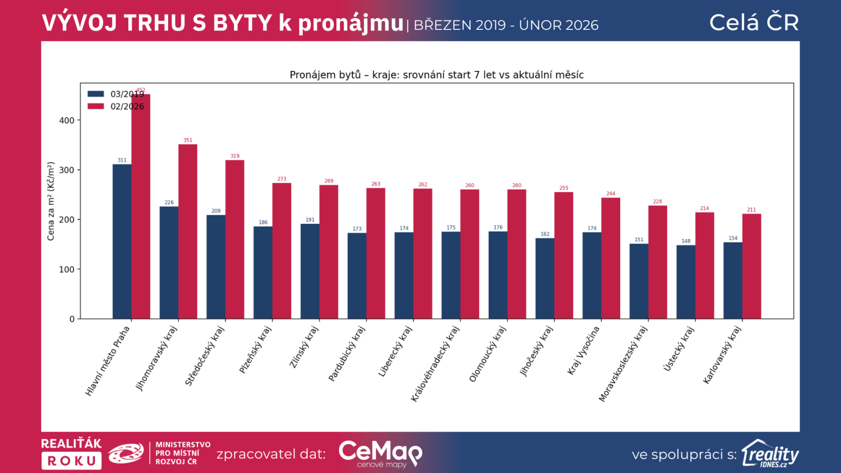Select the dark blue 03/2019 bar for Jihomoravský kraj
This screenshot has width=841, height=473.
(x=169, y=262)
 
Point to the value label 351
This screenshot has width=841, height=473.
(x=188, y=140)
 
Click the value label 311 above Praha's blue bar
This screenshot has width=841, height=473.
(x=122, y=160)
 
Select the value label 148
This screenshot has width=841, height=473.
(x=686, y=241)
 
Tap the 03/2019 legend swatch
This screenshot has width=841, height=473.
(x=96, y=94)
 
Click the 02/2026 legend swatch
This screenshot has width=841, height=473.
(x=96, y=106)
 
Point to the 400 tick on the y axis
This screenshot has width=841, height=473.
(x=67, y=120)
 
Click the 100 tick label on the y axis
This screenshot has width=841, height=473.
(x=67, y=270)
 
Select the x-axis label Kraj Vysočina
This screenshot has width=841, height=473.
(x=583, y=350)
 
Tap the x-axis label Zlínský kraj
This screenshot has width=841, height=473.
(x=304, y=347)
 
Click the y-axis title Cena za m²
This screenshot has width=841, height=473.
(x=51, y=201)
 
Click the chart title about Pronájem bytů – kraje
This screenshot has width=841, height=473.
(x=436, y=75)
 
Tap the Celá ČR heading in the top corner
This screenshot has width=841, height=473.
(x=754, y=23)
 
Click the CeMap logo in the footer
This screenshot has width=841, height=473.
(x=380, y=453)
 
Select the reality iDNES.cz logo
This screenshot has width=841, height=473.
(x=770, y=454)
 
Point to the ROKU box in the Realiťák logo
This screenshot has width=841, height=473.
(x=71, y=461)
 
